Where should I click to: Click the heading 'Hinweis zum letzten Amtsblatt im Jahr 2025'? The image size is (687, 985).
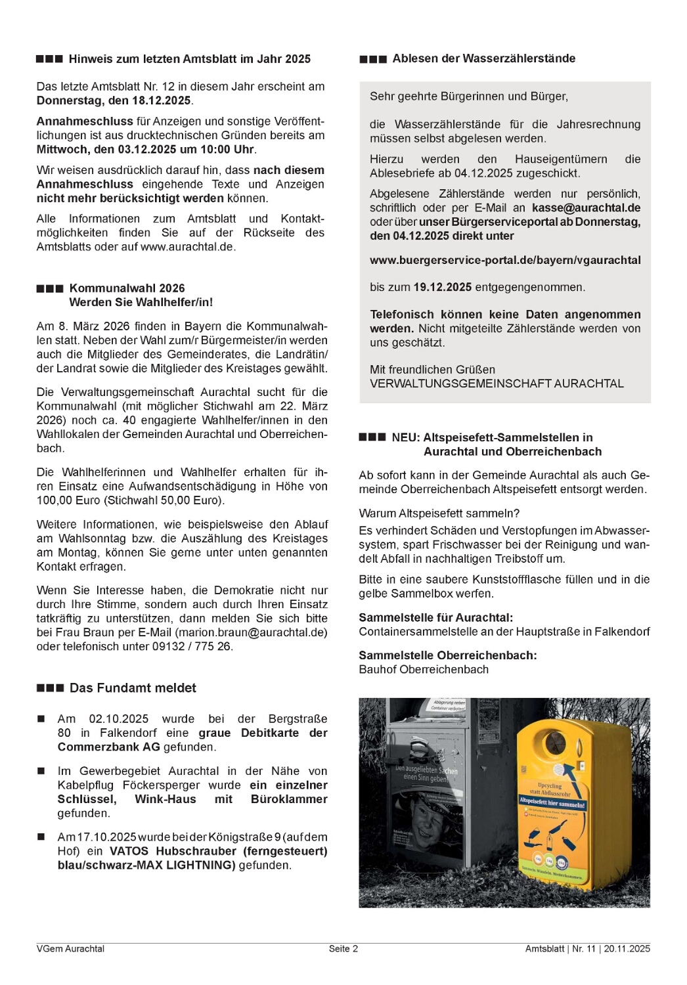[x=189, y=59]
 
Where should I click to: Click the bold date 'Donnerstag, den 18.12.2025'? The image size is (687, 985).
[x=114, y=100]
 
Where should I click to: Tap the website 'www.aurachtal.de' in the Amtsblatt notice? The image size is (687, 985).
[x=187, y=247]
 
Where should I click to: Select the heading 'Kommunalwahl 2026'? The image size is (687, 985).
[x=127, y=288]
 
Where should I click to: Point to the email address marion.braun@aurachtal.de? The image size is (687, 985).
[x=251, y=632]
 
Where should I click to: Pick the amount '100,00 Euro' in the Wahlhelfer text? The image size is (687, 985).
[x=66, y=500]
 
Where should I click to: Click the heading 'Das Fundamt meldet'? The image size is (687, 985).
[x=133, y=688]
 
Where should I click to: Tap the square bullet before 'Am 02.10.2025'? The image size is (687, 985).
[x=41, y=719]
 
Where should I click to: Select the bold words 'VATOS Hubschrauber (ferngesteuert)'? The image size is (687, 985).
[x=218, y=851]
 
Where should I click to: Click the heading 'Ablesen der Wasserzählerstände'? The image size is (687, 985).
[x=483, y=58]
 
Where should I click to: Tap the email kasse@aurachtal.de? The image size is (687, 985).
[x=586, y=208]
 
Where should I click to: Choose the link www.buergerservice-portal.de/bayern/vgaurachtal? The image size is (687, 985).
[x=505, y=260]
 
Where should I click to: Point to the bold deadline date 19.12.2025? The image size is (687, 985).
[x=442, y=288]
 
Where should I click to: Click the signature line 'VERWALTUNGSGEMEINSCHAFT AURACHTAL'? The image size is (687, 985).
[x=497, y=383]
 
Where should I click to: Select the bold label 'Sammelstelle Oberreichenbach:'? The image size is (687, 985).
[x=447, y=655]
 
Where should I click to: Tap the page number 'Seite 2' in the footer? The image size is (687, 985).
[x=343, y=948]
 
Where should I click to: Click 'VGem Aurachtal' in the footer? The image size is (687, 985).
[x=70, y=948]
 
